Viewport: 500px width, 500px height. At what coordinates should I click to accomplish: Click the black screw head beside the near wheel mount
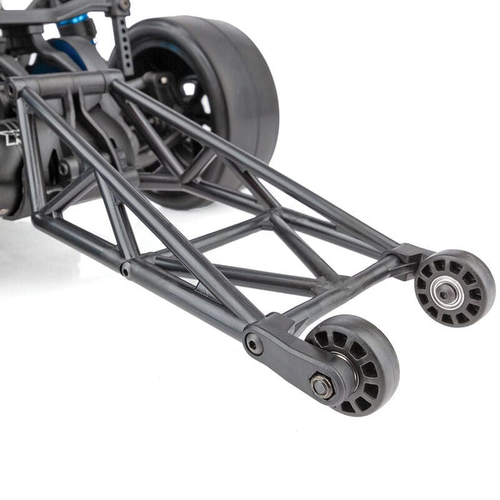click(254, 345)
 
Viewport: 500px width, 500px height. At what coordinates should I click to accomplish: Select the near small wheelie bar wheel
click(352, 364)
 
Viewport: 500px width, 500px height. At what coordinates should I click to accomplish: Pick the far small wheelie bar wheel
click(455, 287)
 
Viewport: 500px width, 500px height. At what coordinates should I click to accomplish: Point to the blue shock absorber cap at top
click(75, 20)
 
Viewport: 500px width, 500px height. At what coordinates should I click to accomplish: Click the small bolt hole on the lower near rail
click(126, 270)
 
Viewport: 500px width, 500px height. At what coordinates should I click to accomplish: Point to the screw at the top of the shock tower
click(124, 6)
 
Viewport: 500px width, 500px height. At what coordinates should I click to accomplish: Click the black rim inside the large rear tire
click(168, 79)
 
